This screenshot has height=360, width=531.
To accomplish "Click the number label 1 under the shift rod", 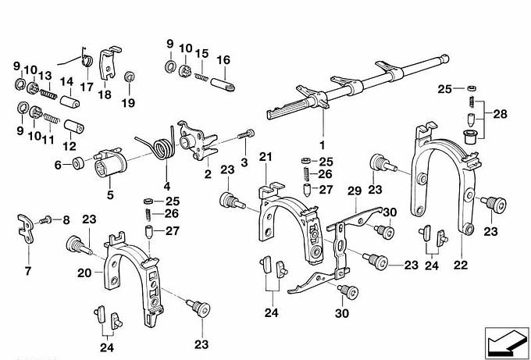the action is point(322,145).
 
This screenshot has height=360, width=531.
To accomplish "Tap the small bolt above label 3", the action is point(246,134).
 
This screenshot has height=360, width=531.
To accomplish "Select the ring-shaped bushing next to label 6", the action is point(79,163).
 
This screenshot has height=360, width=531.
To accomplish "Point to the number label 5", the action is point(110,195).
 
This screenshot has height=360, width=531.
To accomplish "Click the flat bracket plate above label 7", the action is point(26,228).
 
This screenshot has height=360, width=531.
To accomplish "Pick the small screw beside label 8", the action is point(45,220).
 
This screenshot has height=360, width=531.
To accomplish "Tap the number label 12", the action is point(69,146).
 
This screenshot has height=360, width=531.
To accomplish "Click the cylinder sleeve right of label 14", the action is point(69,101).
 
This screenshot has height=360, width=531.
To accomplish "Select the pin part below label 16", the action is point(223,84).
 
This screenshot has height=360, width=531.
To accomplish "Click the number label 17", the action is point(87,87).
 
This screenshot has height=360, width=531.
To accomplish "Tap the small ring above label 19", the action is point(129,77).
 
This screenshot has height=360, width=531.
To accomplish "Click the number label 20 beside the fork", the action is point(84,273).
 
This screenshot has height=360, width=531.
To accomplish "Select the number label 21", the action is point(265,157).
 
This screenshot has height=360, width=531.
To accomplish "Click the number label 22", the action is point(461,265).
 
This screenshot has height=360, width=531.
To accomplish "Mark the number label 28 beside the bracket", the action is point(501,114).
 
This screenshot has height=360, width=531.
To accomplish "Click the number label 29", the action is point(355,191).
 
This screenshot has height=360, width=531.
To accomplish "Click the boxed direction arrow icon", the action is point(506,342).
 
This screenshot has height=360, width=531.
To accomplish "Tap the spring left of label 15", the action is point(201,77).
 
